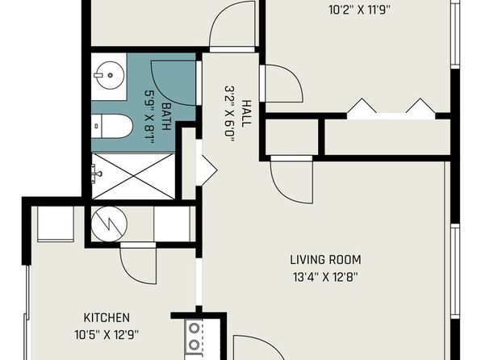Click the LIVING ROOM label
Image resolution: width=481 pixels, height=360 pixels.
coord(325,260)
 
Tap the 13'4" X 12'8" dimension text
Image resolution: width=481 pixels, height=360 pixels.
coord(325,278)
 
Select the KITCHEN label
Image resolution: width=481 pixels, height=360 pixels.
coord(107,318)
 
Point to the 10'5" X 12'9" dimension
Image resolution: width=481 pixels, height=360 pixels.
coord(107,334)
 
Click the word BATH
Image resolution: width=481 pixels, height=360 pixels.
coord(166,116)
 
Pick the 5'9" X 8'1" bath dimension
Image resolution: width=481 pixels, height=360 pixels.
coord(149,117)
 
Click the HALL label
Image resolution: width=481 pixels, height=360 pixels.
coord(246,114)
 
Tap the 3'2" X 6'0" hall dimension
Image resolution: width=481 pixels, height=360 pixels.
coord(230,114)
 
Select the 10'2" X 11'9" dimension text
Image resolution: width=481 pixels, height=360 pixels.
coord(359,10)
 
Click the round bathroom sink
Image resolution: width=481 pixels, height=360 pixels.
coord(110,74)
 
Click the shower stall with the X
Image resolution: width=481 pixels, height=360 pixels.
coord(133,176)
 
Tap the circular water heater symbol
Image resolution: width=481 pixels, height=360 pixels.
coord(109,224)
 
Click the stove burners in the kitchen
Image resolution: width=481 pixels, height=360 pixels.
coord(194,337)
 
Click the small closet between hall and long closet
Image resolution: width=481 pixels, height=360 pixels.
coord(291,137)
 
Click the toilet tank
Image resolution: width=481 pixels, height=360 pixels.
coord(96,127)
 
